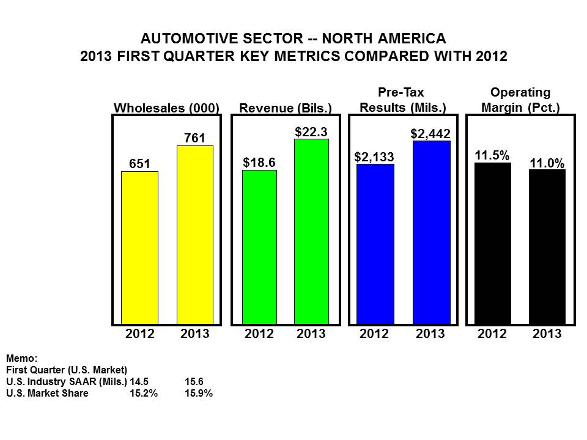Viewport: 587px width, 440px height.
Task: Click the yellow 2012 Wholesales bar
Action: coord(139,248)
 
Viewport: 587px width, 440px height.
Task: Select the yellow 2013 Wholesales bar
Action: coord(195,235)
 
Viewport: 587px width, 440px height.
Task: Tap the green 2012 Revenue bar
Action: coord(259,247)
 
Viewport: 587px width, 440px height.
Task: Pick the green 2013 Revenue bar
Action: coord(311,232)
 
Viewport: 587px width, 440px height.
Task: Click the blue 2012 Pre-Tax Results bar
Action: coord(375,244)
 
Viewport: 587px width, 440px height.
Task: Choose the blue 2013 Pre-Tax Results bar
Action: coord(432,232)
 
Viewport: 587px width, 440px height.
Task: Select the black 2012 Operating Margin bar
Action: coord(493,243)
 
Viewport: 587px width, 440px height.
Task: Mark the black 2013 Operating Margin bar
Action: coord(547,247)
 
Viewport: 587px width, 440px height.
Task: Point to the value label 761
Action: coord(194,138)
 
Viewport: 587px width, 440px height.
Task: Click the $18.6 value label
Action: coord(259,163)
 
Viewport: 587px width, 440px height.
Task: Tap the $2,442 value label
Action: coord(430,134)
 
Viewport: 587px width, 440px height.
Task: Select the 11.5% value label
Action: coord(492,155)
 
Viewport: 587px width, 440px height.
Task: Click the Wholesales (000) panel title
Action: coord(166,108)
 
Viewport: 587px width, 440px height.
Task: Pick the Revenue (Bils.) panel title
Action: coord(286,108)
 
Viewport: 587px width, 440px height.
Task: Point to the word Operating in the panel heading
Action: coord(520,92)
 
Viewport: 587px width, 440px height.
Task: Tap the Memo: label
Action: coord(22,359)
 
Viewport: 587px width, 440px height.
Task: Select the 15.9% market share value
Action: coord(199,393)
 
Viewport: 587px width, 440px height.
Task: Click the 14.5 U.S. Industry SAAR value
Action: coord(139,381)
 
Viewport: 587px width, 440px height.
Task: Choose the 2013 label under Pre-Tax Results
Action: coord(430,334)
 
